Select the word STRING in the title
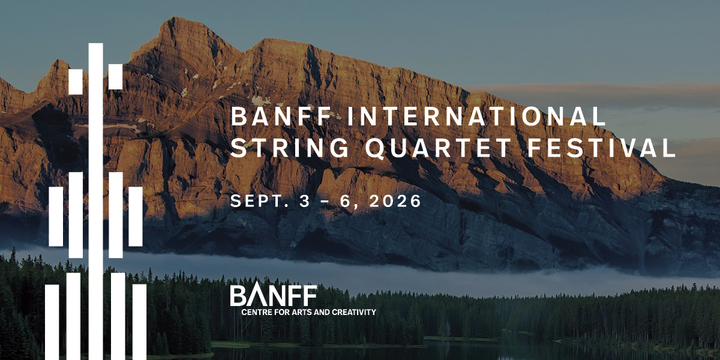[x=276, y=149]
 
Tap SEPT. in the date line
[x=258, y=200]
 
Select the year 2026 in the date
[x=390, y=200]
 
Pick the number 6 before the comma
[x=346, y=200]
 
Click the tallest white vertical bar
[x=95, y=200]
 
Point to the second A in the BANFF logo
[x=249, y=295]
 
